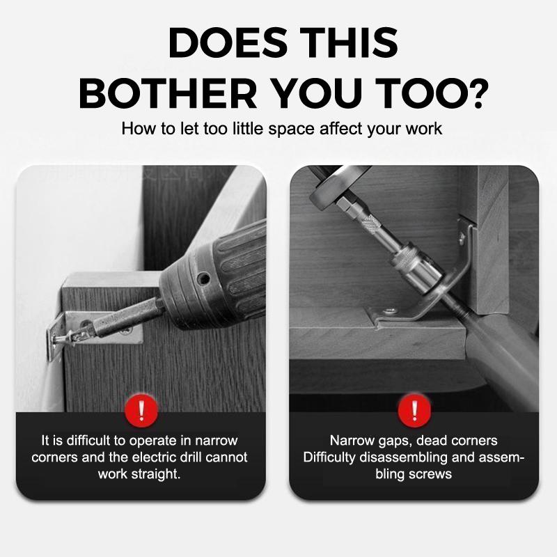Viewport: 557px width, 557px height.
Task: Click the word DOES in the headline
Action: tap(228, 42)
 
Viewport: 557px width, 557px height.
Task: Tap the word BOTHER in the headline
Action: tap(168, 93)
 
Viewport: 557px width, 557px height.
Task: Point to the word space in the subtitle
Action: tap(291, 130)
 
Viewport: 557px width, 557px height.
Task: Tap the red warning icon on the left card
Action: tap(141, 411)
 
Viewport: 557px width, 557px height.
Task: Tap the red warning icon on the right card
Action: tap(414, 411)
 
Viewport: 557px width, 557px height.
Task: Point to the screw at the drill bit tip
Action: tap(64, 338)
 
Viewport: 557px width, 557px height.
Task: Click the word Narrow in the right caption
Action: tap(351, 441)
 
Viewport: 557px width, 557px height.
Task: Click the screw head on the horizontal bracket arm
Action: tap(391, 311)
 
